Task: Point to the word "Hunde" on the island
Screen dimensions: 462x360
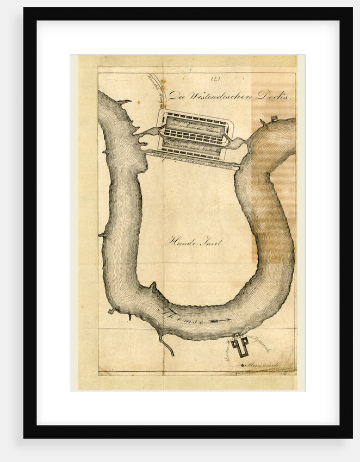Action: (x=179, y=242)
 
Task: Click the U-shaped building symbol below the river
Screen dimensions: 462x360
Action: (x=239, y=345)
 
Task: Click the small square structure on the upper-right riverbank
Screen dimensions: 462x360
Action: (x=275, y=118)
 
